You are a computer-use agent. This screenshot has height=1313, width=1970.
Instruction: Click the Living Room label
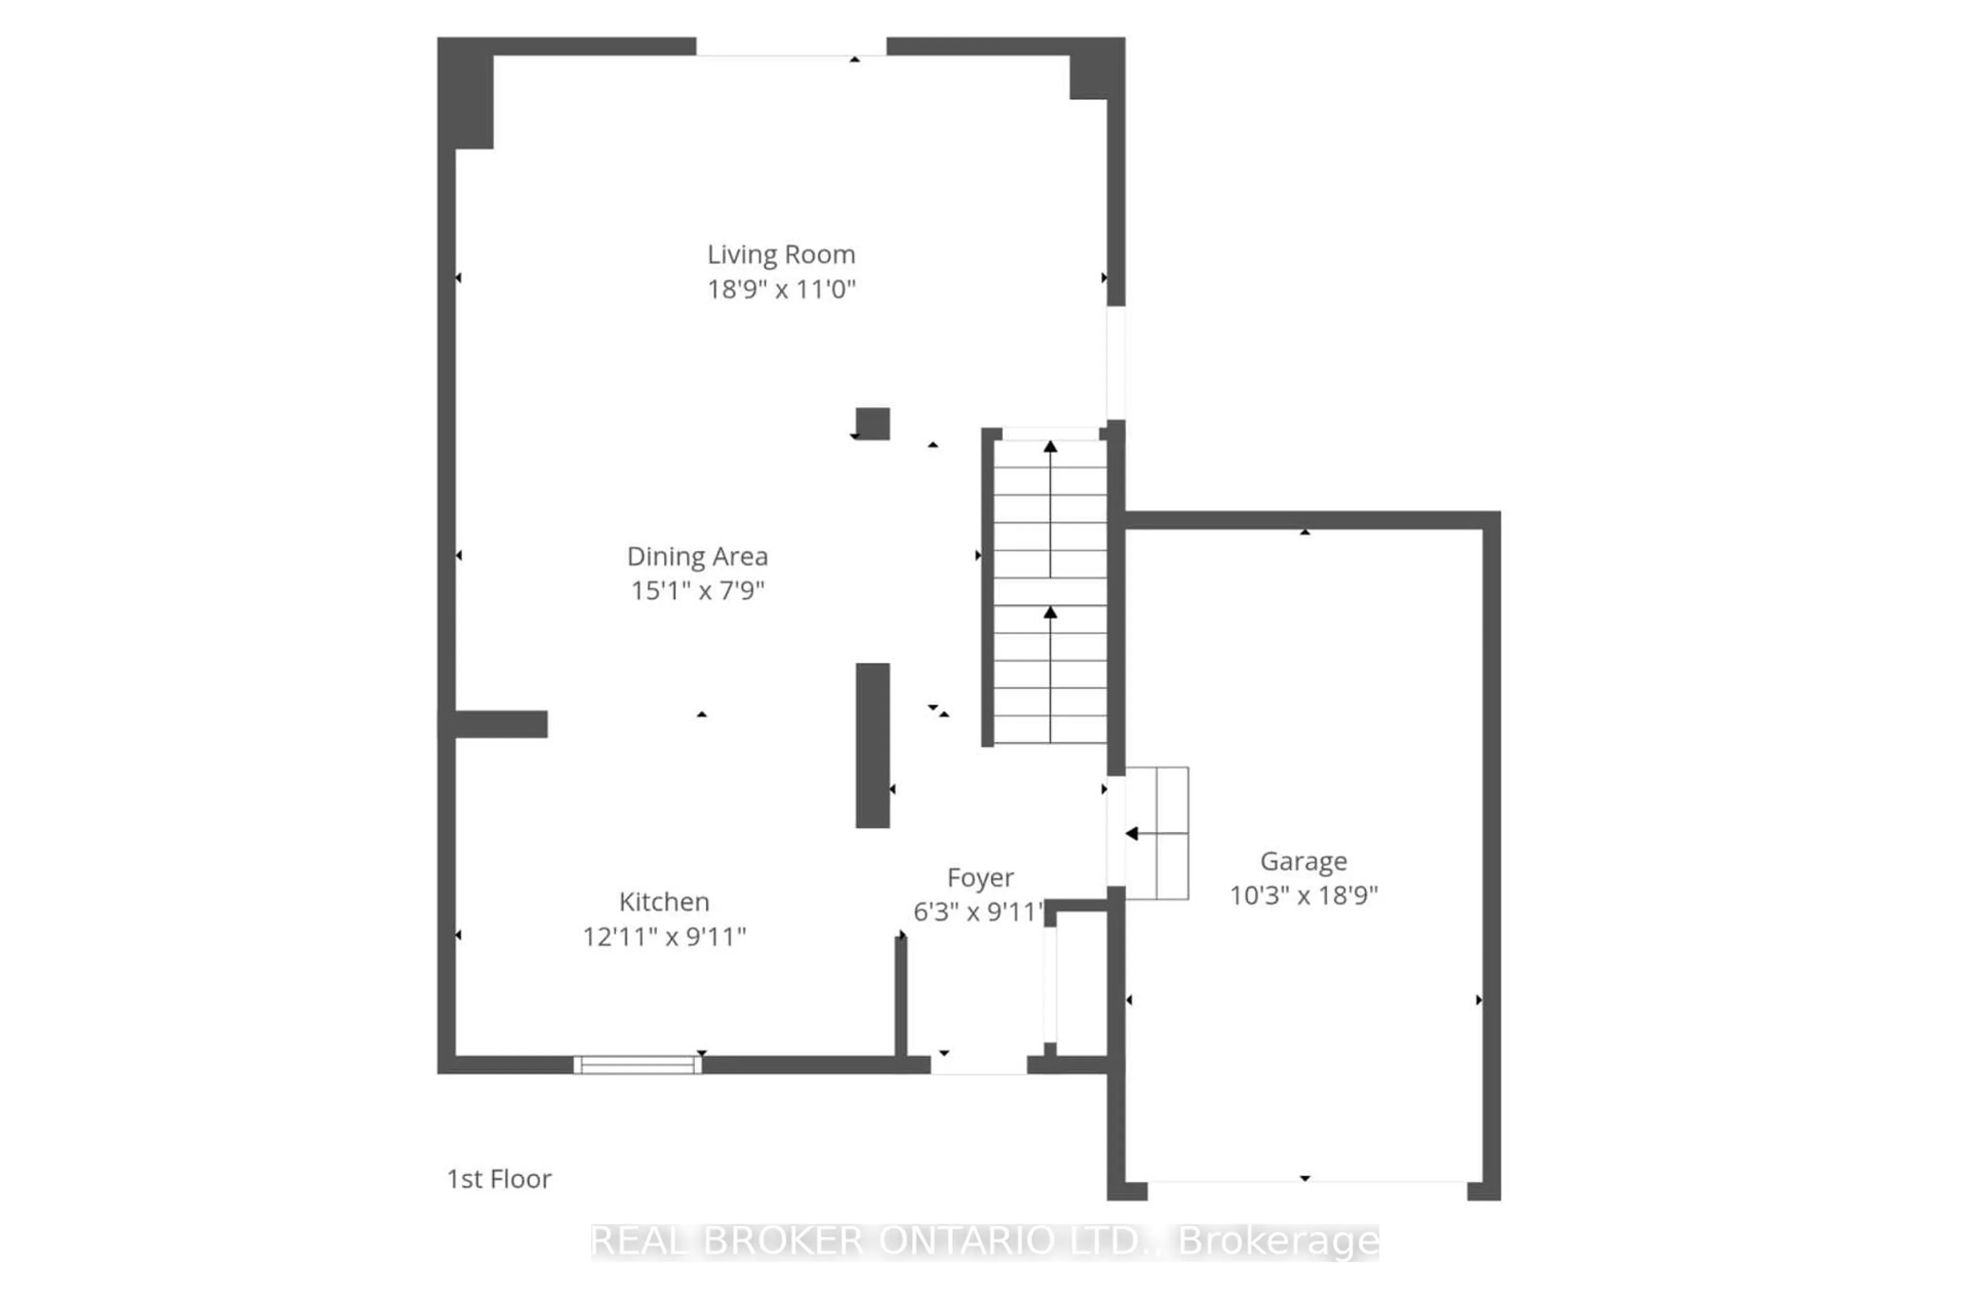(x=781, y=254)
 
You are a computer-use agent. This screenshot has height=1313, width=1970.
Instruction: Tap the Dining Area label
(x=697, y=556)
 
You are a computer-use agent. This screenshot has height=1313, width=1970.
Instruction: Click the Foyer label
(x=980, y=878)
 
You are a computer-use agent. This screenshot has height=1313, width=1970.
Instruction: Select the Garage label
(x=1303, y=861)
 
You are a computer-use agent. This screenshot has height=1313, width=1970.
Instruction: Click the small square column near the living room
(x=873, y=424)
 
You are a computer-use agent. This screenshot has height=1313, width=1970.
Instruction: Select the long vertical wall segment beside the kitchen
(x=873, y=745)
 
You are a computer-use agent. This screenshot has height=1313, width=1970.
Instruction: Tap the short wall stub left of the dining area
(x=501, y=724)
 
